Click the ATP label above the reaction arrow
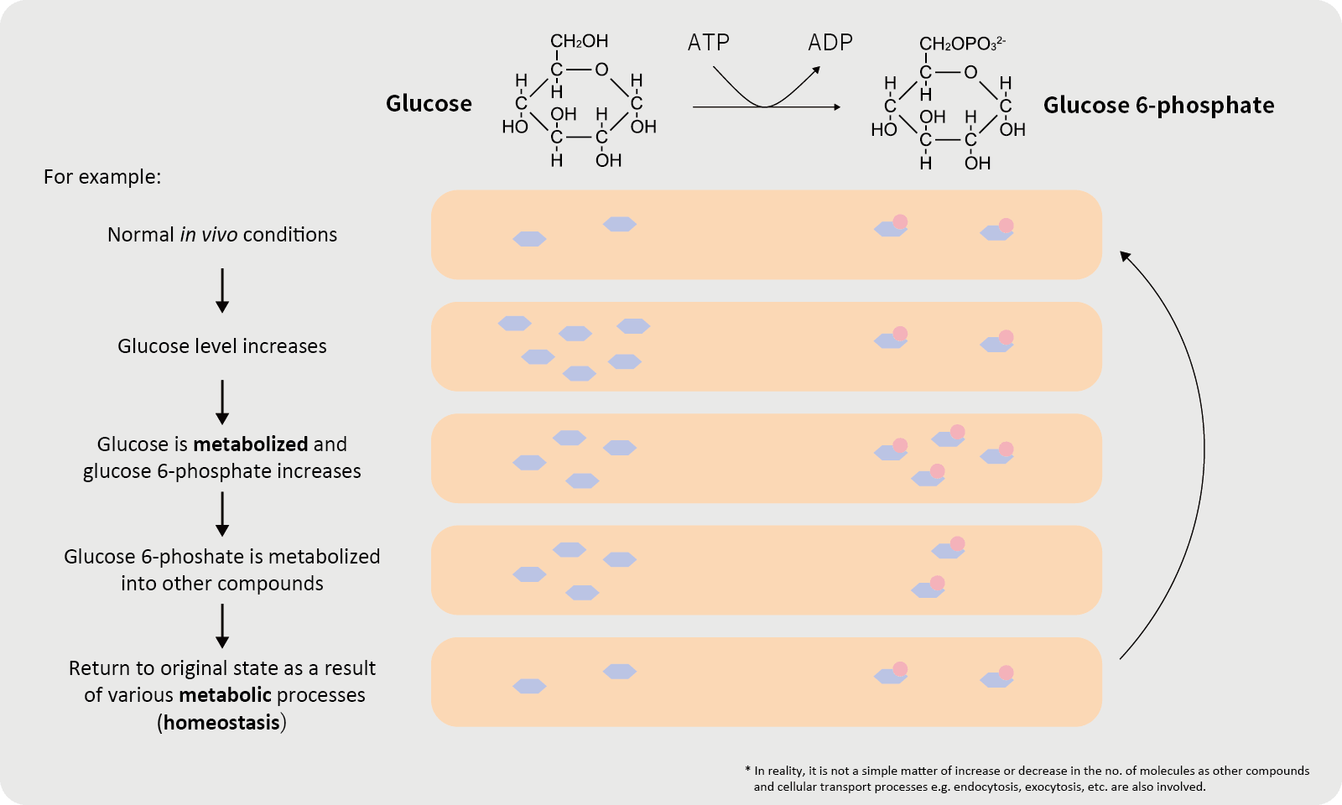(x=708, y=43)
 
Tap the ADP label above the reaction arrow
(x=830, y=43)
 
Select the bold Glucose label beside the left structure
(x=429, y=104)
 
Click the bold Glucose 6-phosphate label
(x=1158, y=106)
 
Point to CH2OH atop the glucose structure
(x=579, y=41)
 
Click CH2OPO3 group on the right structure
(x=961, y=44)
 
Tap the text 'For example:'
(x=102, y=177)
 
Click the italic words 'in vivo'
(x=209, y=235)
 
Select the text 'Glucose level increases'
(x=222, y=346)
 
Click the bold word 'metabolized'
(x=251, y=444)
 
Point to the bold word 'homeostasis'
(x=221, y=723)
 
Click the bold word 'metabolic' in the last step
(x=225, y=695)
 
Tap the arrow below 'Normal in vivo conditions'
(x=222, y=290)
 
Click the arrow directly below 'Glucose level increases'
(x=222, y=402)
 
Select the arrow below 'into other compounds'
(x=222, y=626)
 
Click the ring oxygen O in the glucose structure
(x=601, y=70)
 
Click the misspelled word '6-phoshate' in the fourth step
(x=202, y=557)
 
